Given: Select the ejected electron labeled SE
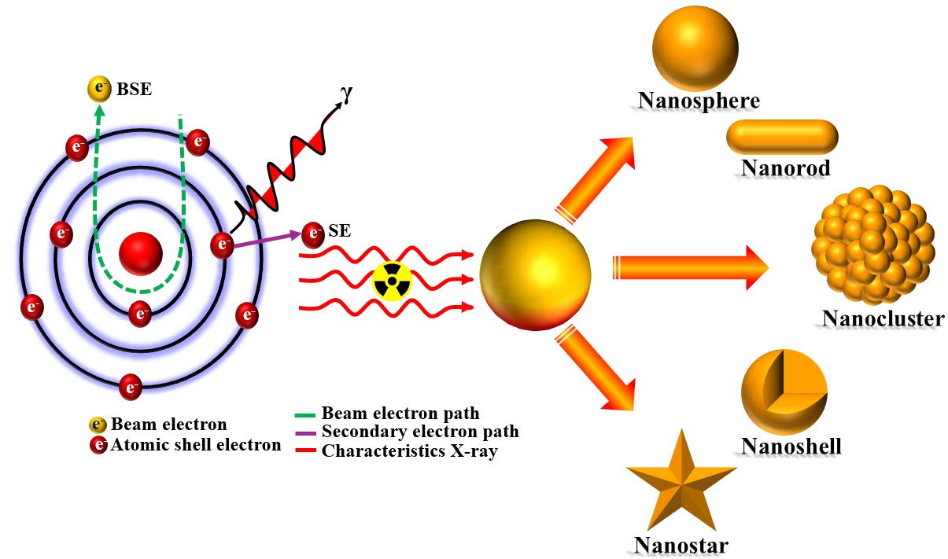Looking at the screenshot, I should point(313,233).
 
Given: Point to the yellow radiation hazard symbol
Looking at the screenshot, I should point(391,280).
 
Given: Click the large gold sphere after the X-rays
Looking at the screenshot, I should point(535,274).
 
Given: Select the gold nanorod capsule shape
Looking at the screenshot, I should point(783,137).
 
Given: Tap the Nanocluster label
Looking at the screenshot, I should point(883,318).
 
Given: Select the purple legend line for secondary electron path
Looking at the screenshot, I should point(306,432).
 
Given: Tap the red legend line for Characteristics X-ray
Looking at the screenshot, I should point(306,452).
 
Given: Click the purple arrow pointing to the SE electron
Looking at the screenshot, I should point(267,239).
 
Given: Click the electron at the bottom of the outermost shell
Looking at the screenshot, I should point(130,387).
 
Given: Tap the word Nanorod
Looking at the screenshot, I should point(785,167).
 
